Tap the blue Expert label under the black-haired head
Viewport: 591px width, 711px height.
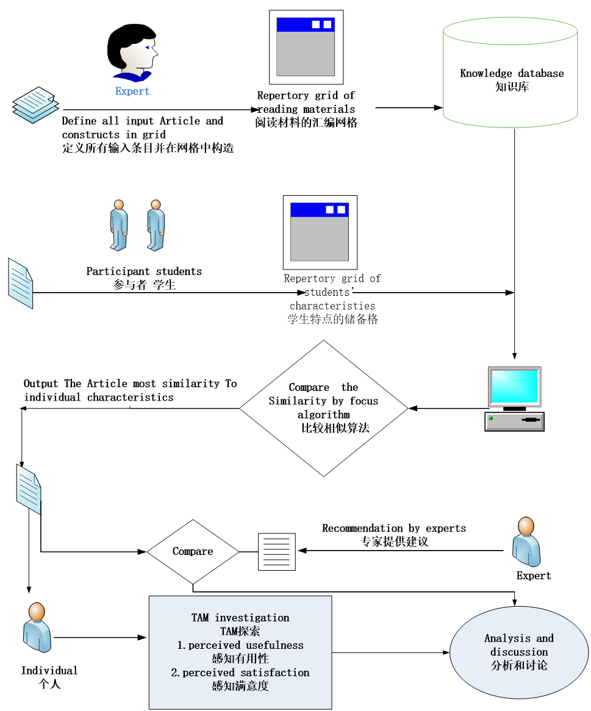point(132,91)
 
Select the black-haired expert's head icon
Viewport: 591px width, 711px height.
point(132,52)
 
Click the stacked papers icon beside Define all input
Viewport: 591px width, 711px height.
point(35,104)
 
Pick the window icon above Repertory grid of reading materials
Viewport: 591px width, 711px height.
point(306,47)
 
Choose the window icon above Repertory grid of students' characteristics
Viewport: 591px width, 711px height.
point(320,232)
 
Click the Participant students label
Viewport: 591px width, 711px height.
point(144,271)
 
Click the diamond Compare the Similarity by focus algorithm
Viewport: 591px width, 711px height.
point(323,408)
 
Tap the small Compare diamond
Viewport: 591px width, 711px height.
point(193,551)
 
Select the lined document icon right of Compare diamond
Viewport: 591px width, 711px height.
point(276,551)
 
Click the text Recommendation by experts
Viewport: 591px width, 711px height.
point(394,528)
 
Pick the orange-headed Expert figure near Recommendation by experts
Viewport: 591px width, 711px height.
point(526,542)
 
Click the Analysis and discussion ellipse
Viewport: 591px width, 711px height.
point(518,652)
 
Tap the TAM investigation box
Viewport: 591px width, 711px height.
point(240,652)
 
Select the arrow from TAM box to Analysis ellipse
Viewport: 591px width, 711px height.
point(390,652)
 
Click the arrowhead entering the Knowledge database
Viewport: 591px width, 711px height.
point(438,108)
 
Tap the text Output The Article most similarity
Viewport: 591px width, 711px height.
point(130,384)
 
